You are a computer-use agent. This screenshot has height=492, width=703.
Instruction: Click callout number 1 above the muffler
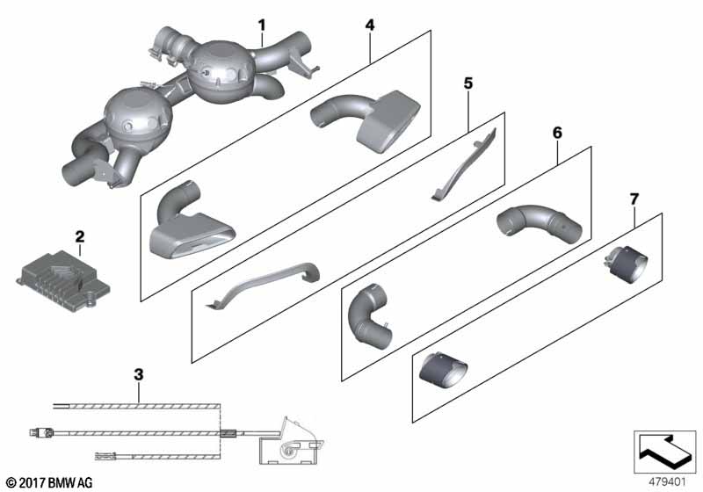click(x=262, y=25)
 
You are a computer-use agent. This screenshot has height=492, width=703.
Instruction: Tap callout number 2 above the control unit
click(x=80, y=236)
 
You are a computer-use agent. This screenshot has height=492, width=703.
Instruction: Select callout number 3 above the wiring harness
click(x=139, y=374)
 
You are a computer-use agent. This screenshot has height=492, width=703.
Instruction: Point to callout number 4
click(x=369, y=25)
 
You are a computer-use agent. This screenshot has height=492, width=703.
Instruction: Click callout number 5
click(x=468, y=83)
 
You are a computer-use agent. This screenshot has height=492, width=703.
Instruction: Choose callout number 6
click(x=557, y=133)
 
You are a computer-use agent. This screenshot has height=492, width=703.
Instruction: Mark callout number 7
click(x=634, y=199)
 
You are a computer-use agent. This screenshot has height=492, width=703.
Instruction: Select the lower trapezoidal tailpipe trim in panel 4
click(x=191, y=224)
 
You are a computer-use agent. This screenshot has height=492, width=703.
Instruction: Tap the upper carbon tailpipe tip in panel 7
click(x=626, y=264)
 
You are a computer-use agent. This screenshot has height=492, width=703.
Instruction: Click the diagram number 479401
click(x=667, y=482)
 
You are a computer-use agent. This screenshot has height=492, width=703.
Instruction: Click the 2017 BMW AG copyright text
click(x=50, y=482)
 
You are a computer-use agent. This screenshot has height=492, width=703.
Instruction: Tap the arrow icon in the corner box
click(x=663, y=450)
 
